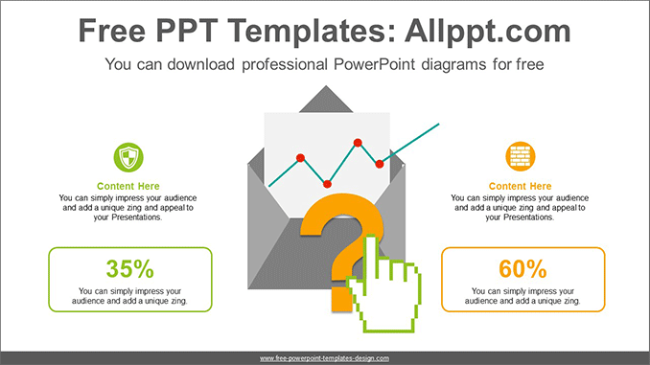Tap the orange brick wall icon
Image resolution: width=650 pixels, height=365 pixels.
tap(521, 156)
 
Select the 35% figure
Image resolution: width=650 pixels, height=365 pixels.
tap(129, 268)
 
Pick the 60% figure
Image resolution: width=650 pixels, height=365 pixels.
tap(522, 268)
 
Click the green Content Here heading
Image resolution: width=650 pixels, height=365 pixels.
tap(128, 186)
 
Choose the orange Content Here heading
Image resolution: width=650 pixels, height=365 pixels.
tap(521, 186)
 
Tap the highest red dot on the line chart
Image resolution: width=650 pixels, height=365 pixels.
tap(358, 143)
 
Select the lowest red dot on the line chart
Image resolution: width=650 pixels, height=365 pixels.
tap(328, 182)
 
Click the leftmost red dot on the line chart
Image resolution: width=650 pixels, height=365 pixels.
tap(300, 156)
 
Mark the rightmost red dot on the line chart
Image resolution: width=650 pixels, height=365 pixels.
tap(381, 164)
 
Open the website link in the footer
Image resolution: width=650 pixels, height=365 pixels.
tap(324, 357)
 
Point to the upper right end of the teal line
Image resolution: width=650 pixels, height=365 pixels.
tap(438, 124)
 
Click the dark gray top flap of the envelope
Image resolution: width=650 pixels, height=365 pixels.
tap(327, 98)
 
